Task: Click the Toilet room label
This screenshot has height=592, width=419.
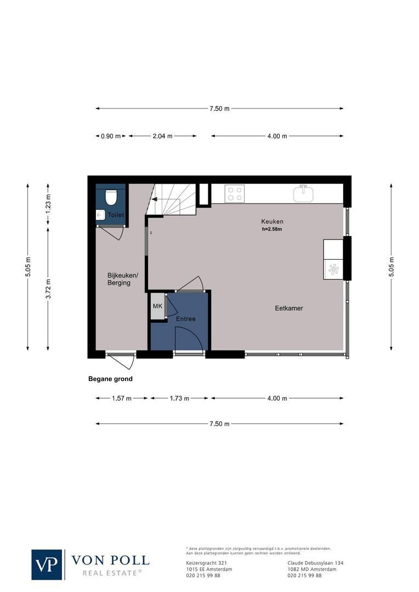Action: (x=115, y=214)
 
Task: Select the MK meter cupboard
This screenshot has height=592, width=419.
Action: (x=158, y=306)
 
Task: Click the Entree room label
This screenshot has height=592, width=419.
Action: (x=185, y=318)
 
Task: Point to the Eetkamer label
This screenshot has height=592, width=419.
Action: (x=289, y=309)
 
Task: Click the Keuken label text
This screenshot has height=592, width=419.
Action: (x=272, y=221)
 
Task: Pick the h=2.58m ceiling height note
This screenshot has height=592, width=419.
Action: (x=272, y=229)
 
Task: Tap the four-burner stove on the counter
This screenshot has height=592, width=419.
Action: (x=235, y=194)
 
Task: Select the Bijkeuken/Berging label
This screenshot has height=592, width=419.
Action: (x=119, y=279)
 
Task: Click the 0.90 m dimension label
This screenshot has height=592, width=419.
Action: (x=111, y=136)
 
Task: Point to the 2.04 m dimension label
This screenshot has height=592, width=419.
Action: (x=163, y=136)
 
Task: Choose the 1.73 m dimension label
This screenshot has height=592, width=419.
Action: (x=179, y=399)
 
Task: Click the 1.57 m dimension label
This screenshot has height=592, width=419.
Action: (x=122, y=399)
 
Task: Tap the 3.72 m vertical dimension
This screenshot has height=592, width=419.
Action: (x=48, y=289)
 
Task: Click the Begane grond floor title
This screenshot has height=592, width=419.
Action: (x=110, y=379)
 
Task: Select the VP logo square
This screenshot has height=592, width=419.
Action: (x=47, y=564)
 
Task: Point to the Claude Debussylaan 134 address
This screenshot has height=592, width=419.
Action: (x=315, y=563)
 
